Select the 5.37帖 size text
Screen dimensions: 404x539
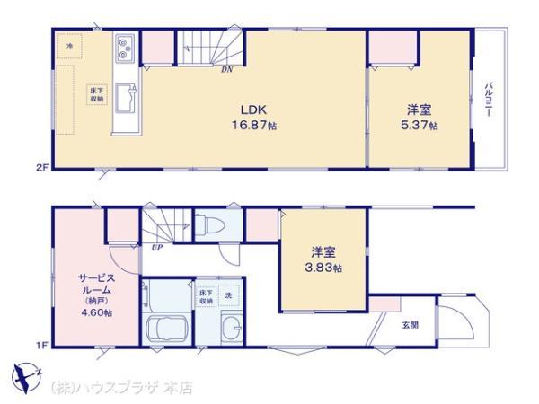point(420,125)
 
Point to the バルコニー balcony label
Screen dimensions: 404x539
point(490,100)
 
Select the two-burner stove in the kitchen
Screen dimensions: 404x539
point(124,49)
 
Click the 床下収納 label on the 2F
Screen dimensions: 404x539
point(95,94)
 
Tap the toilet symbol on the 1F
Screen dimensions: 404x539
point(205,224)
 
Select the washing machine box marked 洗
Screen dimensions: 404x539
point(228,295)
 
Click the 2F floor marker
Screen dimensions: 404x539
point(41,167)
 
